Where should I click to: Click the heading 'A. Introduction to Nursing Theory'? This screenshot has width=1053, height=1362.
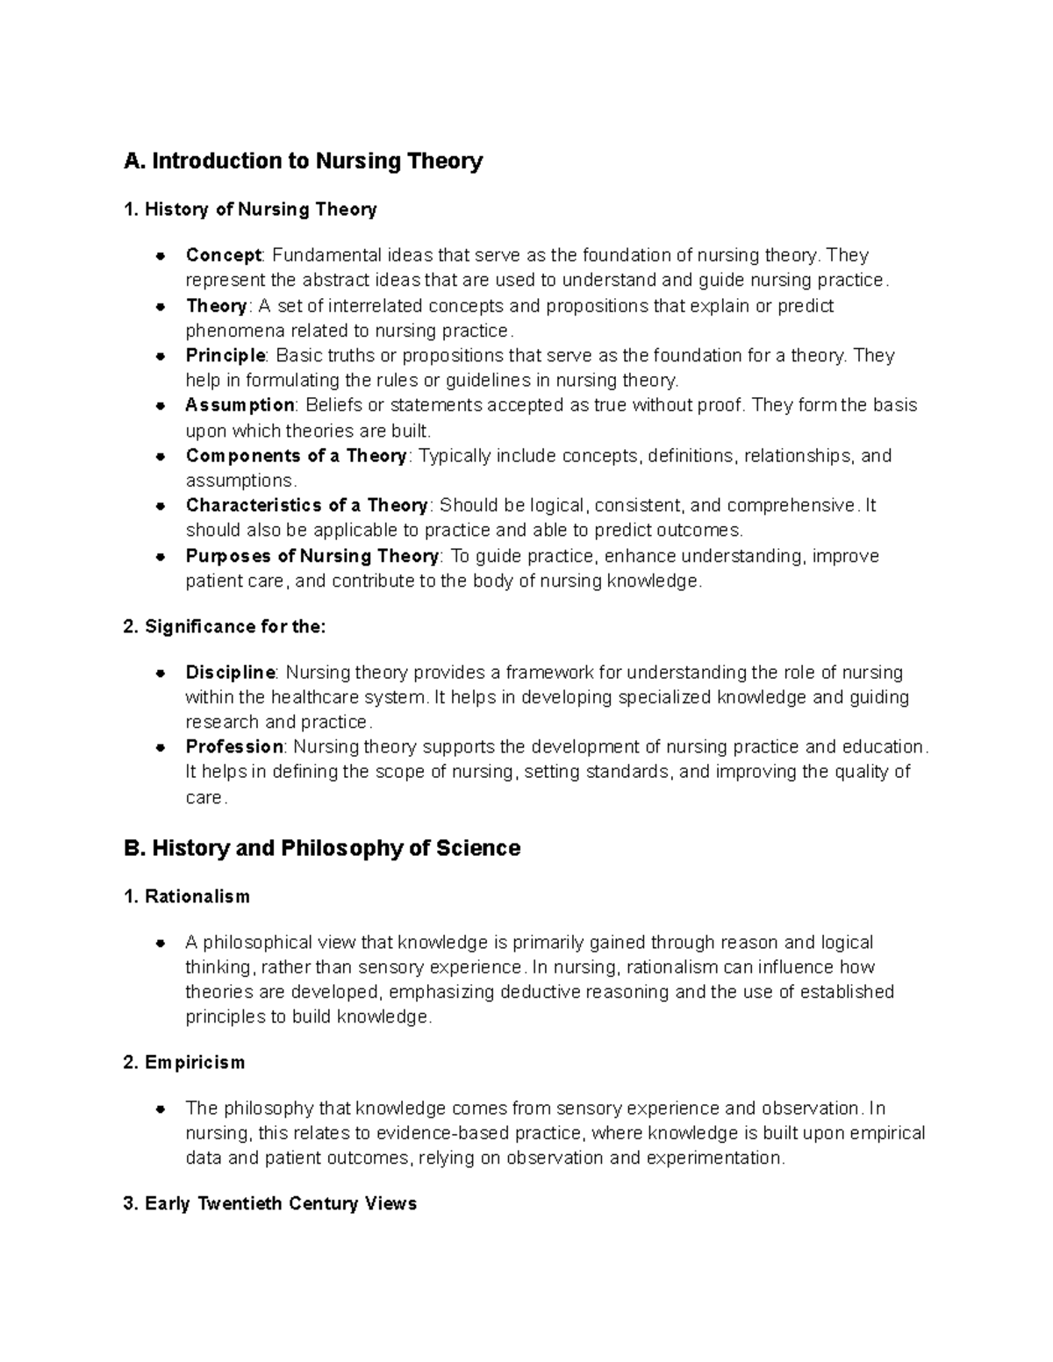click(304, 161)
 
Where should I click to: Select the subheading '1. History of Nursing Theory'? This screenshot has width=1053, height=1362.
click(251, 210)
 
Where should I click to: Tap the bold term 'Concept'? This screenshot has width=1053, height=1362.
click(223, 255)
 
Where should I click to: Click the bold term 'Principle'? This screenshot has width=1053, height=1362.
click(226, 355)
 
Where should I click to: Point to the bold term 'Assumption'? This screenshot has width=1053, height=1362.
click(240, 405)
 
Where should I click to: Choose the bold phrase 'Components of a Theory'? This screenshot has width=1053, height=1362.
click(296, 456)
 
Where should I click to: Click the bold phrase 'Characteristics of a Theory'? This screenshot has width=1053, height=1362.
click(306, 506)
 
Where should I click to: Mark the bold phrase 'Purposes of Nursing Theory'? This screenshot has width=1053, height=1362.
click(312, 556)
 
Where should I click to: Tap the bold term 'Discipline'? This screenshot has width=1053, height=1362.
click(231, 673)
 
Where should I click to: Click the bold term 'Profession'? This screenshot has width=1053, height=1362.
click(234, 747)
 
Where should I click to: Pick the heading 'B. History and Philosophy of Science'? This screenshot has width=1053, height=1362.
click(322, 849)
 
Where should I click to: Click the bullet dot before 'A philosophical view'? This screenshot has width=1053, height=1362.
click(161, 944)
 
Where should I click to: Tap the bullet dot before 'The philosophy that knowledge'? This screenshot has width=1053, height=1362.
click(161, 1109)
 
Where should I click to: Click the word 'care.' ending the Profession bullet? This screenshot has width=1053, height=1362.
click(206, 798)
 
